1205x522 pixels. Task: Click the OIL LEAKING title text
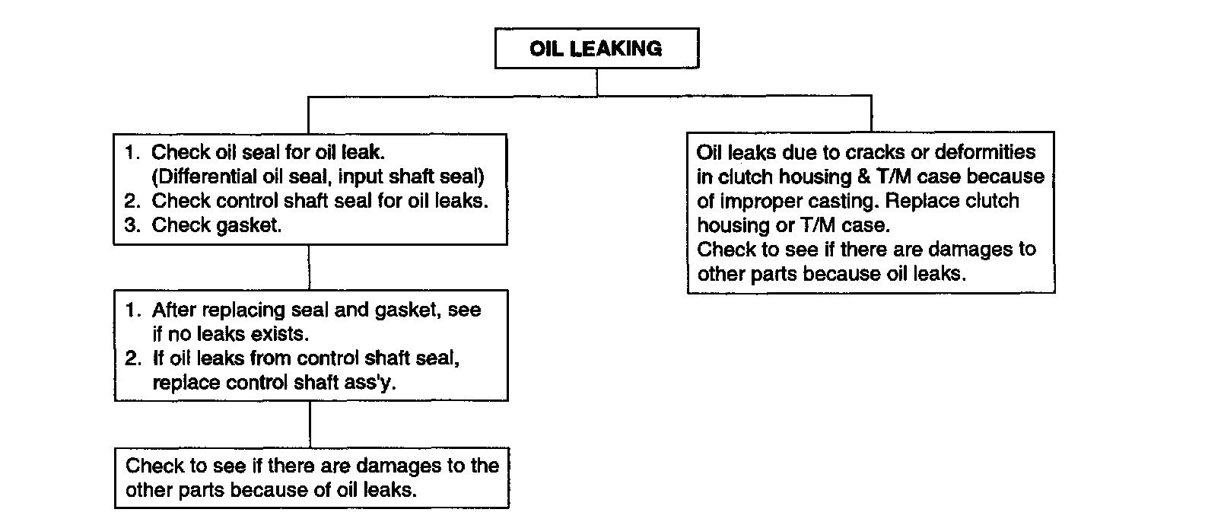[596, 49]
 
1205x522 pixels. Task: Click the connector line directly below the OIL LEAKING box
[596, 82]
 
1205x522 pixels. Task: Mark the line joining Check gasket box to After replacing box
[310, 267]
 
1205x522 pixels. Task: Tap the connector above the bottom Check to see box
[310, 424]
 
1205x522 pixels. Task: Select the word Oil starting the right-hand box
[709, 152]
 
